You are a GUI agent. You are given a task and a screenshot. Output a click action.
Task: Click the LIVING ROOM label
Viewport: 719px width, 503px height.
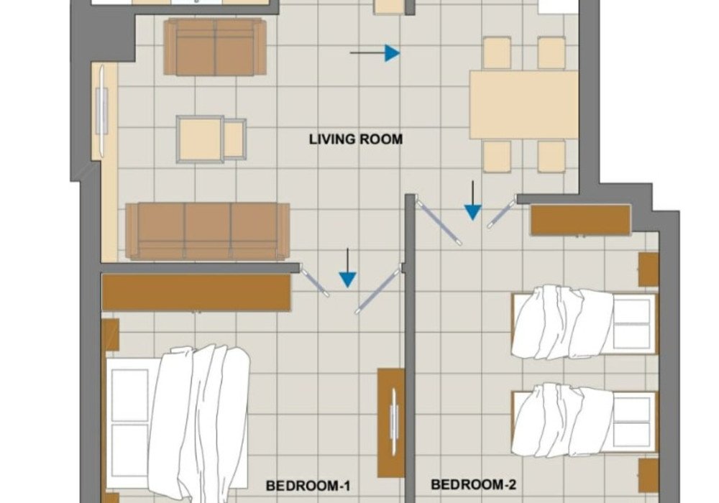point(356,139)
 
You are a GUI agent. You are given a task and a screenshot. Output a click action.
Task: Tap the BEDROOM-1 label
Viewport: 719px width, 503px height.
point(308,486)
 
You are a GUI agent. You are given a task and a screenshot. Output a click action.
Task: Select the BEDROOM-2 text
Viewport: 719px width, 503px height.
point(474,484)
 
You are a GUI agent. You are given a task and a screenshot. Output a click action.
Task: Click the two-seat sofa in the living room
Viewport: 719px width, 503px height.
point(215,47)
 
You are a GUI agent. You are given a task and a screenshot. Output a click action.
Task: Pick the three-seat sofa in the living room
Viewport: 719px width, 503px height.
point(208,231)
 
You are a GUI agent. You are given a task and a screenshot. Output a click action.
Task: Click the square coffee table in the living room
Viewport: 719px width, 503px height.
point(201,139)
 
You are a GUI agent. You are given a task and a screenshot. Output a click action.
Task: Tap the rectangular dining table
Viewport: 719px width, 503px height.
point(523,105)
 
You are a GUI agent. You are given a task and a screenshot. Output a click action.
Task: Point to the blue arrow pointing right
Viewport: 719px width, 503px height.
point(375,53)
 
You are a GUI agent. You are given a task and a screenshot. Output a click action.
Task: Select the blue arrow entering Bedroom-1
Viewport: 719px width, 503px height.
point(347,268)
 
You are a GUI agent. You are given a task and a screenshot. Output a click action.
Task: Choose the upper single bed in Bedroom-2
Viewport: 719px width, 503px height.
point(585,323)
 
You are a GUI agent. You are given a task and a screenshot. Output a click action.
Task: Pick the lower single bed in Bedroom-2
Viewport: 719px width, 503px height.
point(585,420)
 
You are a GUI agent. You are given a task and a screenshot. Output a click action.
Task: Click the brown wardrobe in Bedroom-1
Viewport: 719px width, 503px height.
point(196,292)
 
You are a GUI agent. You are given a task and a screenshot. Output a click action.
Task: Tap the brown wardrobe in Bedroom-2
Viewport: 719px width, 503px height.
point(580,221)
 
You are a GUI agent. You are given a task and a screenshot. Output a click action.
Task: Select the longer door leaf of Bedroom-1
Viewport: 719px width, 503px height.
point(379,291)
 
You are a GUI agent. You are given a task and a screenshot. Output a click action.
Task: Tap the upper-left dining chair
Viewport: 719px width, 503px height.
point(497,53)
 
